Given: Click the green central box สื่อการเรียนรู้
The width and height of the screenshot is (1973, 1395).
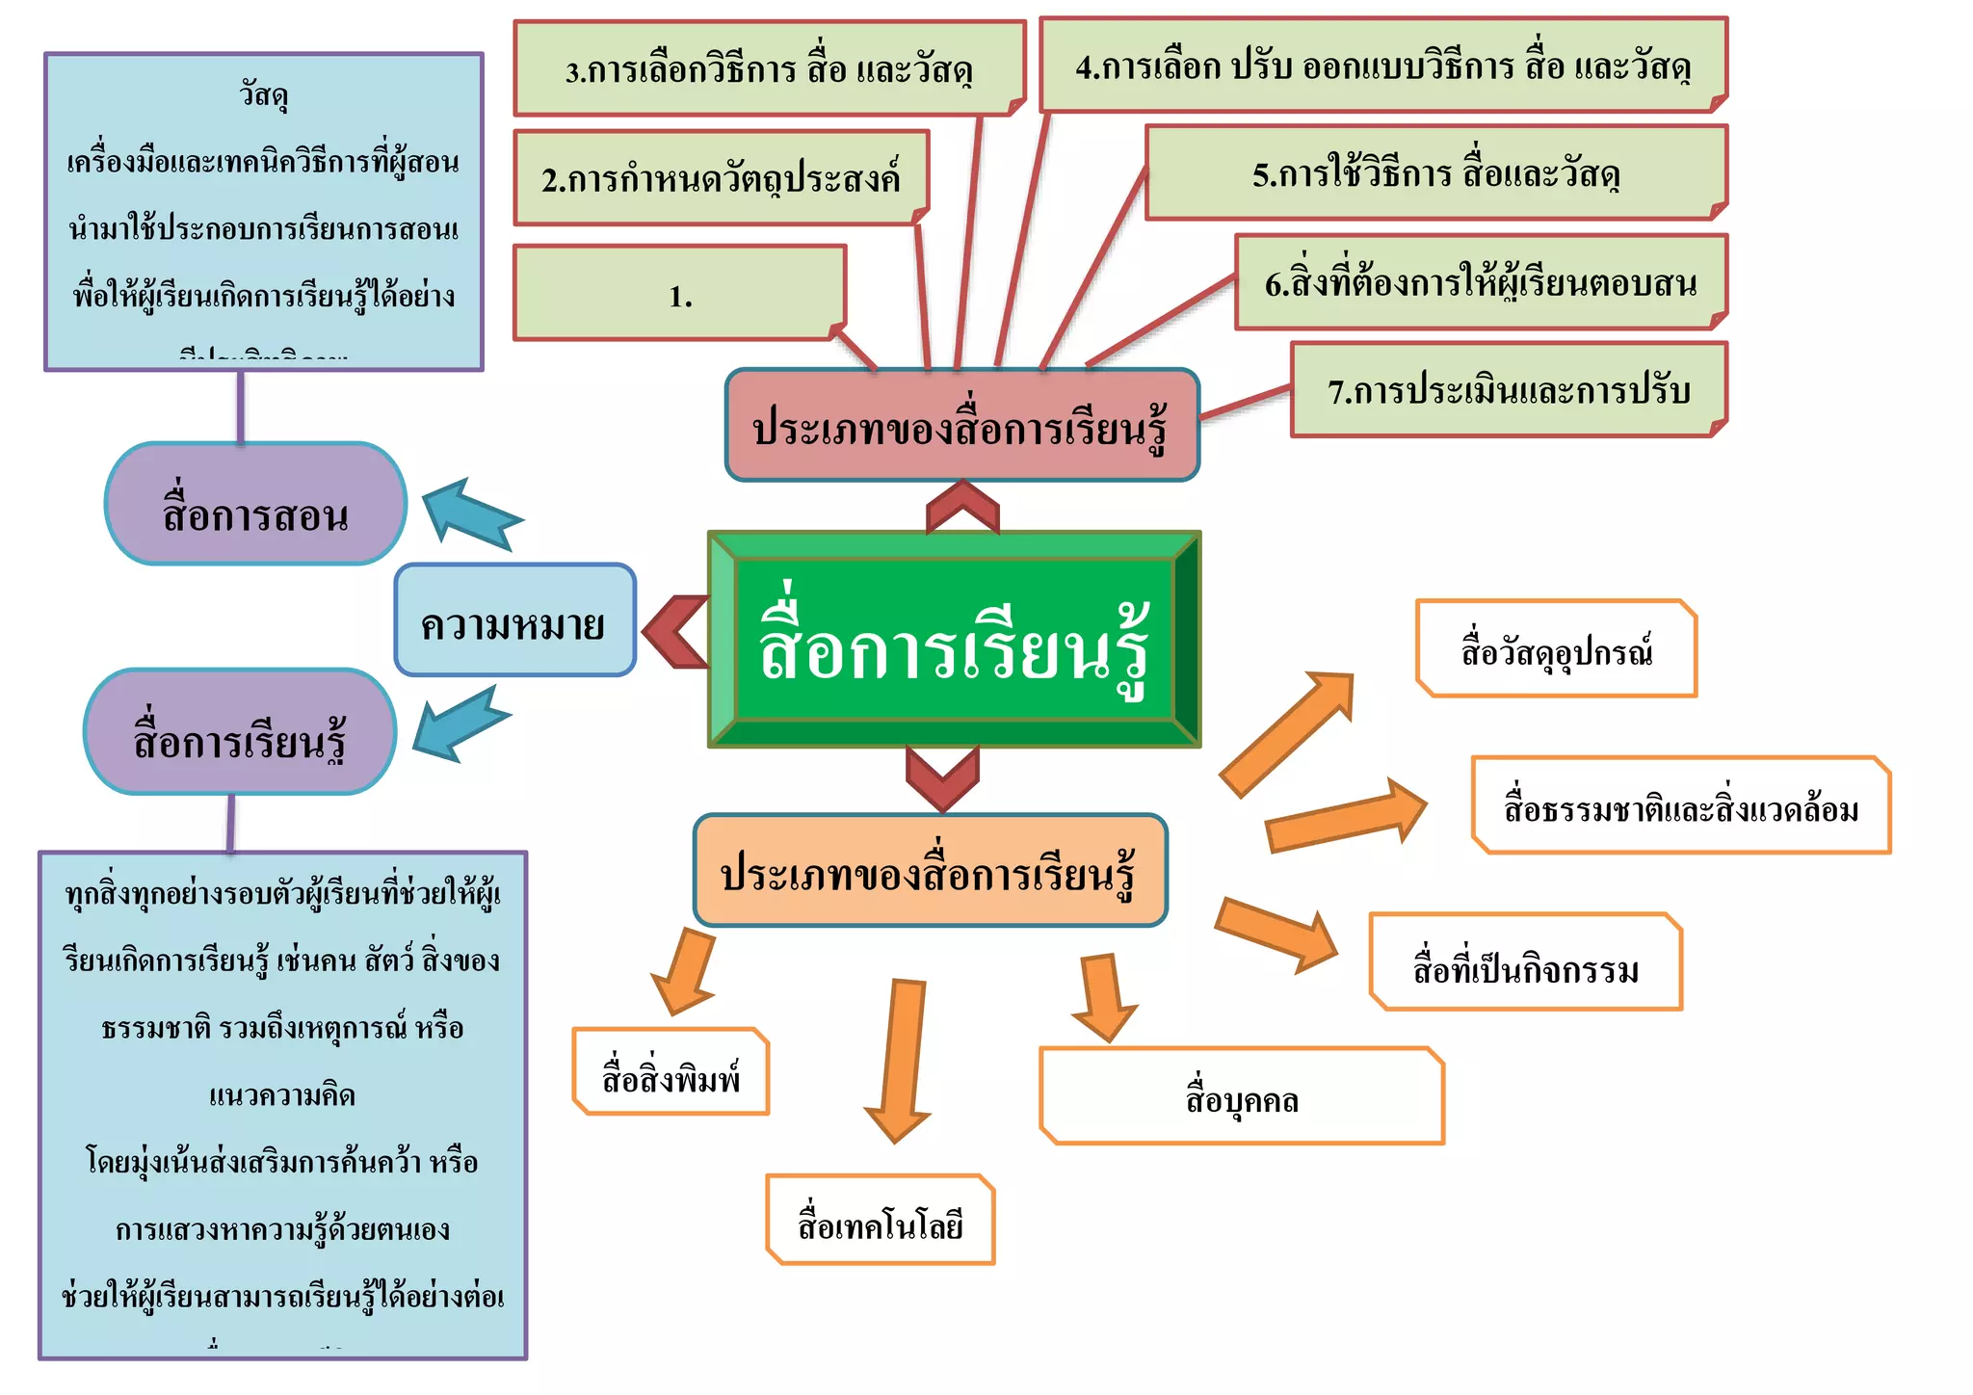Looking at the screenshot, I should coord(954,640).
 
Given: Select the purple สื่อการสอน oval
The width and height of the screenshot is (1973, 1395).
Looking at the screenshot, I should coord(255,504).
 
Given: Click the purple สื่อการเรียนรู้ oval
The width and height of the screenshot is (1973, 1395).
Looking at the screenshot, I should coord(240,732).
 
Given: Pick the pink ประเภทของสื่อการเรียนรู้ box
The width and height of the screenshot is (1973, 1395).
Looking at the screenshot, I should coord(961,425).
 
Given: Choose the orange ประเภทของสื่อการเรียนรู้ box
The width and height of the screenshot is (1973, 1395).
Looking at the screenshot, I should coord(930,870).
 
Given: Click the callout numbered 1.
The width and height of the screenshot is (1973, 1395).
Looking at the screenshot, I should coord(679,293).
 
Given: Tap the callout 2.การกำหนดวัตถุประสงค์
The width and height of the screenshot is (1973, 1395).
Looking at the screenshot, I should coord(721,178).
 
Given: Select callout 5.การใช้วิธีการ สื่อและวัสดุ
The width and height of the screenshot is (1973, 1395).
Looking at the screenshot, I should coord(1435,172).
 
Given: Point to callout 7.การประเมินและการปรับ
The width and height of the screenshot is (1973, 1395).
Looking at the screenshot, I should coord(1509,389).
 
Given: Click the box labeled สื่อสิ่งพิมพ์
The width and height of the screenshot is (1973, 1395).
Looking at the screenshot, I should coord(671,1071).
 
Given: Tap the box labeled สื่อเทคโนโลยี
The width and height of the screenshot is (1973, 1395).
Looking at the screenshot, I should coord(880,1220).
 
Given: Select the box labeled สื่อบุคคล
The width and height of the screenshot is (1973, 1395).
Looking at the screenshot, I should coord(1241,1096).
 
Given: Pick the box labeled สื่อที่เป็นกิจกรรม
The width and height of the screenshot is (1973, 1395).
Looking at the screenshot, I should coord(1525,962).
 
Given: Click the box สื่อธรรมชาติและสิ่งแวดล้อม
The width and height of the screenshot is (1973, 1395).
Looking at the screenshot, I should coord(1680,805).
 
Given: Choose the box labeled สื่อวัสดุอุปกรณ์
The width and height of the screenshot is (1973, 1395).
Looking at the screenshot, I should coord(1556,648).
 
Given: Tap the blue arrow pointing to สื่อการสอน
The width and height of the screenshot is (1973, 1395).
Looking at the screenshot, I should coord(469,512).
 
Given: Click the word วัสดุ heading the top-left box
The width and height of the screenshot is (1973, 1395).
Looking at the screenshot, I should coord(263,94).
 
